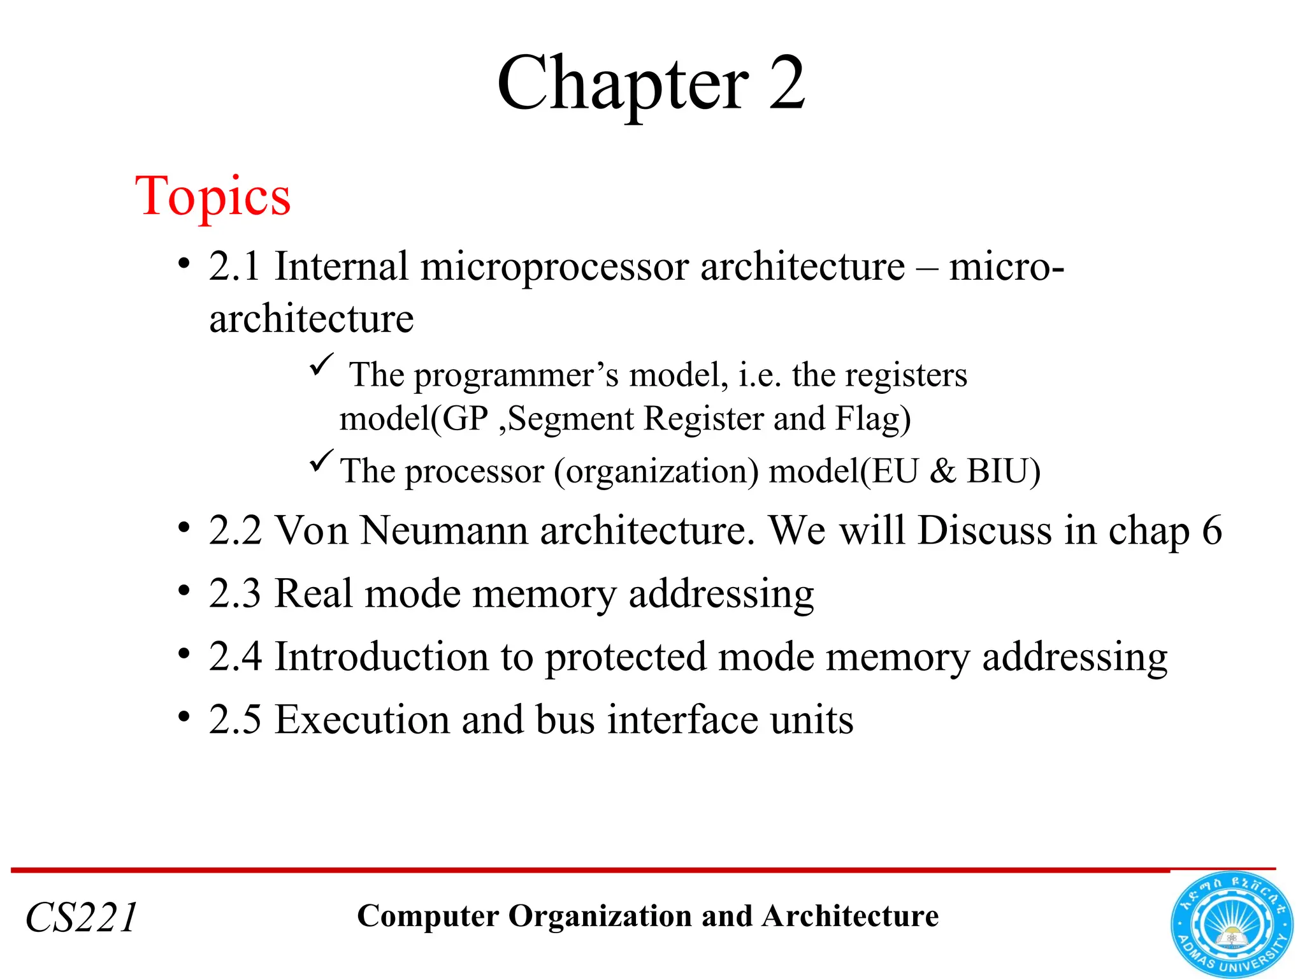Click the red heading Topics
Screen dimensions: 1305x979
213,197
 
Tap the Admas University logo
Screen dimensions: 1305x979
1231,925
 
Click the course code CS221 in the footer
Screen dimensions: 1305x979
82,918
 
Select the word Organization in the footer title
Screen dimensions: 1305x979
601,917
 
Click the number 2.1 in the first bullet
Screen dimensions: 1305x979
234,266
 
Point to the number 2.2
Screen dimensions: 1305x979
234,530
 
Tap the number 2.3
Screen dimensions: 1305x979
234,593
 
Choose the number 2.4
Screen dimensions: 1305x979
234,656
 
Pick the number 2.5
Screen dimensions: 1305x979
234,720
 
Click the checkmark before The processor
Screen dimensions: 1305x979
321,460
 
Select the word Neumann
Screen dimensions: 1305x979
443,530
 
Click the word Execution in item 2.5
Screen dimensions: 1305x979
362,720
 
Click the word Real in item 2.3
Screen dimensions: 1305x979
313,593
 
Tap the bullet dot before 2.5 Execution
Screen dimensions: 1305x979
184,717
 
